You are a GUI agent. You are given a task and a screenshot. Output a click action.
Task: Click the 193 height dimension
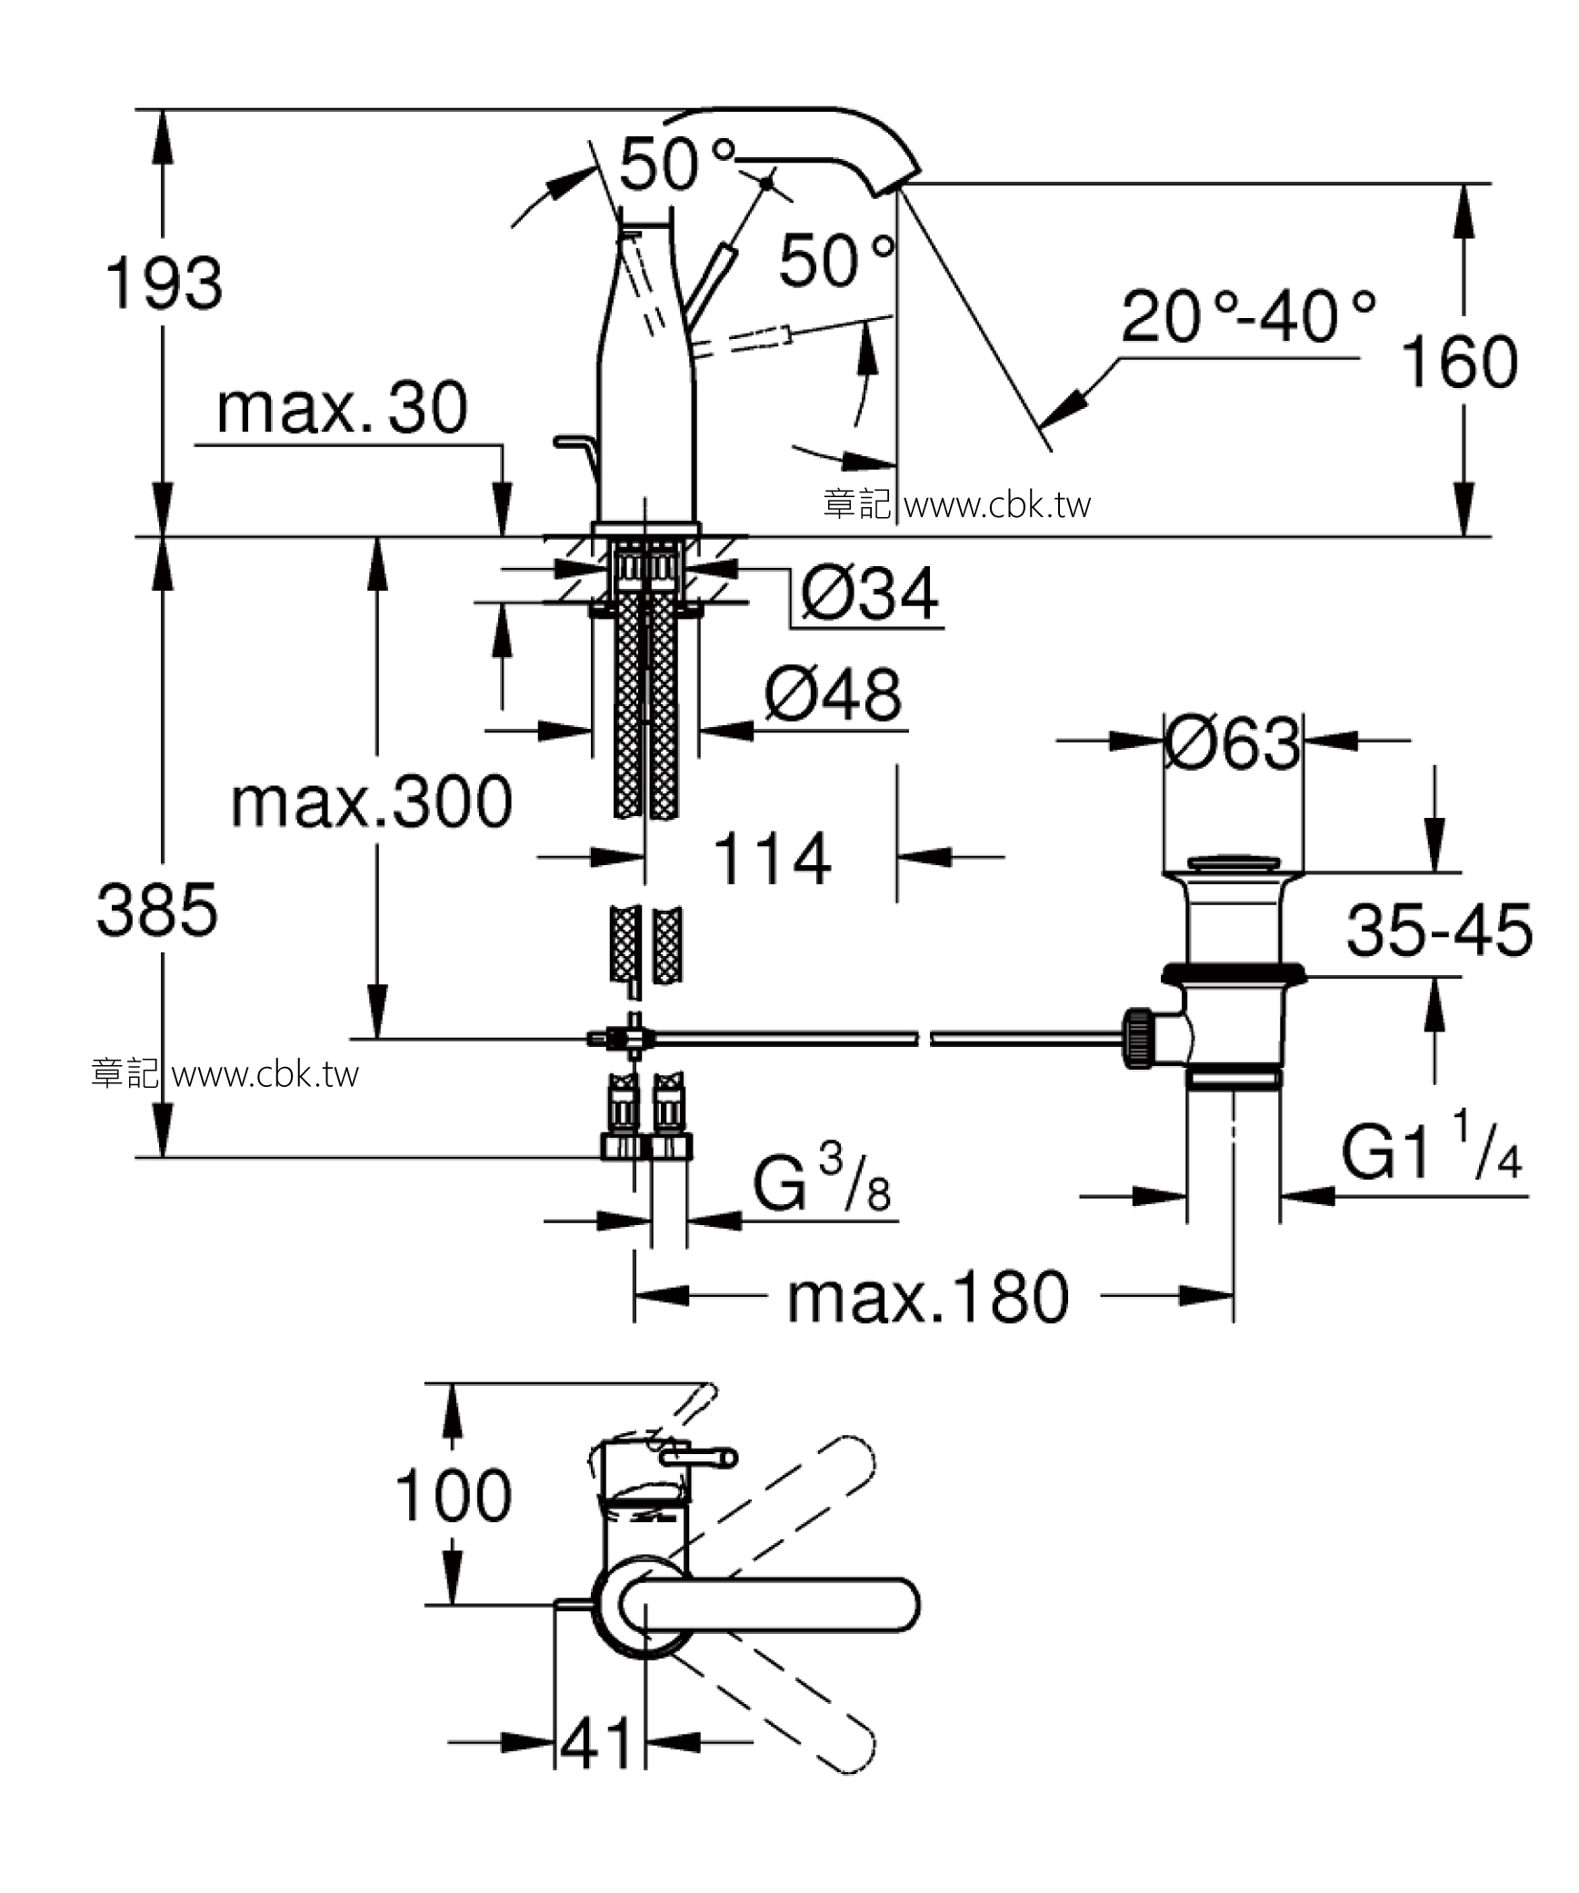point(165,283)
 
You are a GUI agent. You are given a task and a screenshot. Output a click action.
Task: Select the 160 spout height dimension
point(1460,362)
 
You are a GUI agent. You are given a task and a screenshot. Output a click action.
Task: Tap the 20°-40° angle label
point(1247,316)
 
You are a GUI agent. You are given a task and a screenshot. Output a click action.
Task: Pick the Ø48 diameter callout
point(833,694)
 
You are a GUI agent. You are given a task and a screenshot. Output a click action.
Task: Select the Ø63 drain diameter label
point(1233,742)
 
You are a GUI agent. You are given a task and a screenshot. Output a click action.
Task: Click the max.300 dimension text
point(372,802)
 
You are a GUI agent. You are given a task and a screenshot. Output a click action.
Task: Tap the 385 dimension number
point(157,910)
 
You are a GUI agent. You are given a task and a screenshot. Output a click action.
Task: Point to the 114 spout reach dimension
point(773,858)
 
